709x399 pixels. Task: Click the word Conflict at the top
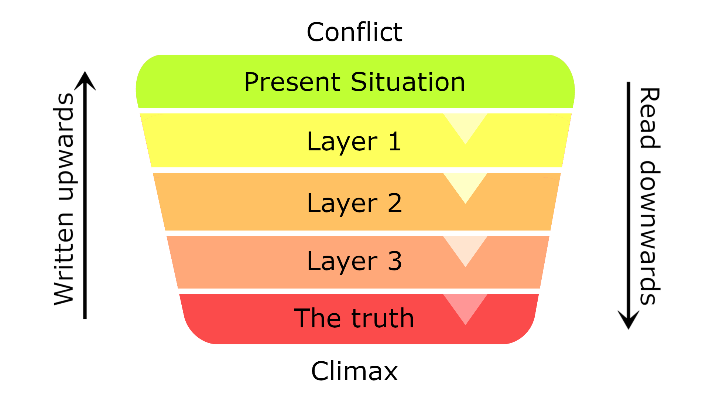click(354, 32)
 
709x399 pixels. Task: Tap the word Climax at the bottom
click(354, 371)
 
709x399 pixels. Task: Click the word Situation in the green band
click(408, 82)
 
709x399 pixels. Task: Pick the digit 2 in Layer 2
click(395, 203)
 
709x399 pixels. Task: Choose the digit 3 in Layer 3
click(395, 261)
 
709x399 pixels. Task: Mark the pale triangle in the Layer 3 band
click(465, 247)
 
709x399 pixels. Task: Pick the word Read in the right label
click(650, 118)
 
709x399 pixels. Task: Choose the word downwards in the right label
click(650, 233)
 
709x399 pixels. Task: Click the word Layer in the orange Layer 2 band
click(342, 204)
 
